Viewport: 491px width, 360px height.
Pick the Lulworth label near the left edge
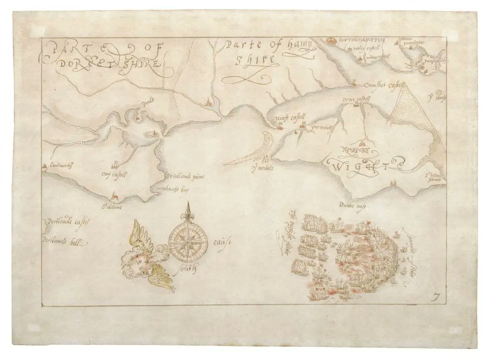(59, 165)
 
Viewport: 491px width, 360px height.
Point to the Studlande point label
(186, 177)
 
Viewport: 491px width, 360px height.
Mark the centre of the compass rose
(187, 240)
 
